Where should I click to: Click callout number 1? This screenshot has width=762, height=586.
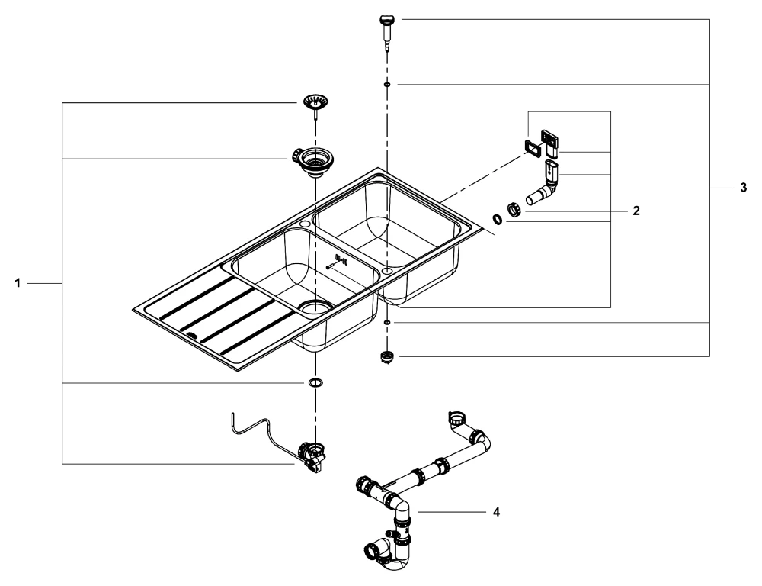click(18, 283)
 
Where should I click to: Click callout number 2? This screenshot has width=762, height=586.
click(636, 211)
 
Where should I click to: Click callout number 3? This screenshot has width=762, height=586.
click(743, 188)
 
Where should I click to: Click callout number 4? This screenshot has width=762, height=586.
click(496, 511)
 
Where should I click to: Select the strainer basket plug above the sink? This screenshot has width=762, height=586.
click(316, 105)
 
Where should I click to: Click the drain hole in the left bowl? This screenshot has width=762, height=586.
click(316, 307)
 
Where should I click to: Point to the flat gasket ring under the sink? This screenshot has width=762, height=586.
click(316, 382)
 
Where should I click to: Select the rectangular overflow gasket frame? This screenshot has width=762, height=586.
click(533, 147)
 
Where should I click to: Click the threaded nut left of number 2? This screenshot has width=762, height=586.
click(514, 211)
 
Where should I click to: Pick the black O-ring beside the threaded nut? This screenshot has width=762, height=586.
click(498, 219)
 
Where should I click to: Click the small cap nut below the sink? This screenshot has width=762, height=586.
click(386, 358)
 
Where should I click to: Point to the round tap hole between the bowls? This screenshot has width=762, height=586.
click(387, 269)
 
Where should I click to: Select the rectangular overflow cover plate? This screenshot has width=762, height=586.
click(550, 138)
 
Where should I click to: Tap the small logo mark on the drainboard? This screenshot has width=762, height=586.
click(192, 335)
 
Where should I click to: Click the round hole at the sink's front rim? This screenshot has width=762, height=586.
click(305, 224)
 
